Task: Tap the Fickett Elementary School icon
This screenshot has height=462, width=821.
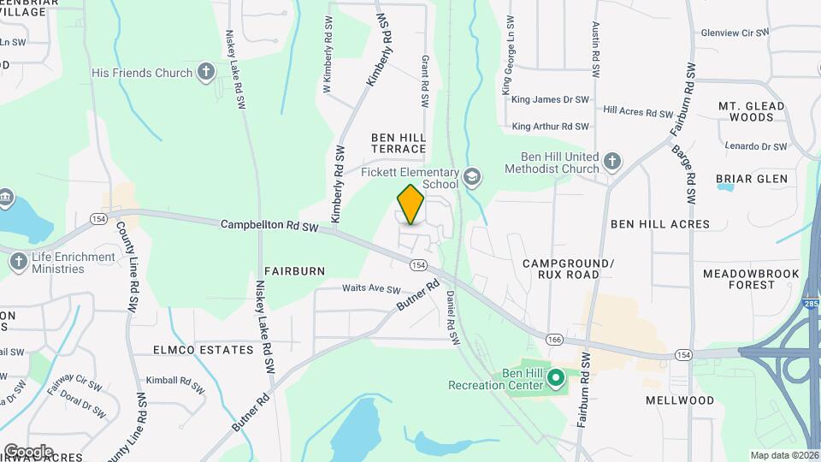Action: point(472,178)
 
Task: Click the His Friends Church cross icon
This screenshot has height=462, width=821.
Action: point(205,73)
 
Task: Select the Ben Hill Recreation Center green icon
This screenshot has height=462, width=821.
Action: point(555,377)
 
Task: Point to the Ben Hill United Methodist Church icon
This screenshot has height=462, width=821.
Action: point(611,162)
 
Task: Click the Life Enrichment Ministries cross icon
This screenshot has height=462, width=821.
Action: point(19,262)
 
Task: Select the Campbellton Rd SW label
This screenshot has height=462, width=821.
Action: point(269,226)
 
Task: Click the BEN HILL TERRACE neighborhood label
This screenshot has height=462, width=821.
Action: point(399,143)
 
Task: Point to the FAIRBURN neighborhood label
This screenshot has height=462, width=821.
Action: point(294,271)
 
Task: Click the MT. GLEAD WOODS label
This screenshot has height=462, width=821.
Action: point(746,111)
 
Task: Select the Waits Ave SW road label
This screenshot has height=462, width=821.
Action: point(371,289)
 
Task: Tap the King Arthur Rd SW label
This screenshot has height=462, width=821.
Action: point(551,127)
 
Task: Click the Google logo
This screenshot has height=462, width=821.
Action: point(28,451)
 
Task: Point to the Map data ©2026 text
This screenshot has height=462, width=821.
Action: point(783,455)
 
